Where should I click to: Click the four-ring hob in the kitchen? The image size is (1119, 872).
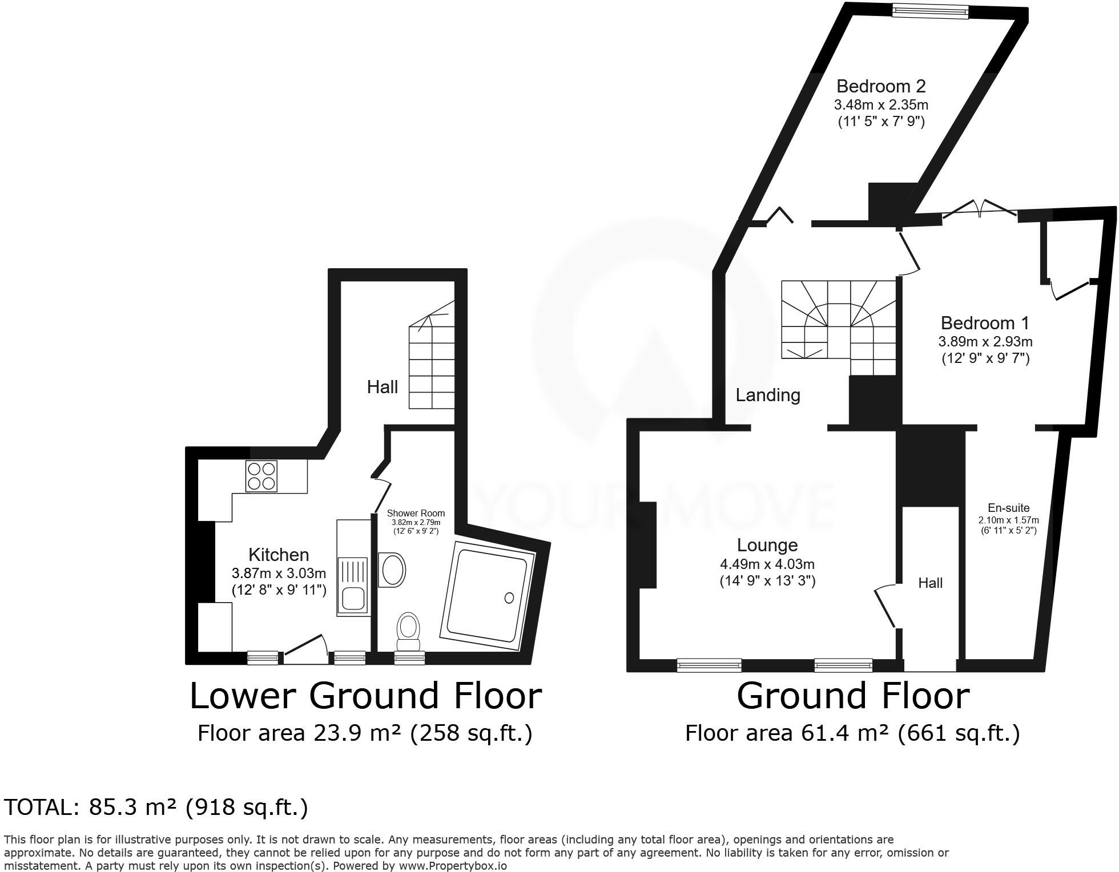pos(261,477)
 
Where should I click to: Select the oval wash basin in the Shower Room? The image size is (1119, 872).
pos(392,568)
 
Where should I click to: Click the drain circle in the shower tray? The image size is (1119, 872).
pos(509,598)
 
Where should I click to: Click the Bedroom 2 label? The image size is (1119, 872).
pos(880,86)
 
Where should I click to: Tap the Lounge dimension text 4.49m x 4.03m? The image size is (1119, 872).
pos(767,564)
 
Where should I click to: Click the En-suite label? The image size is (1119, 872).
pos(1009,508)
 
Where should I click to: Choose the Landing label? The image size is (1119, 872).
pos(767,395)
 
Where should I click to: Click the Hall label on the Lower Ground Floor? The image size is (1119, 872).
pos(382,387)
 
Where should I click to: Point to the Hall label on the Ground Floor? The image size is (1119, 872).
pos(930,583)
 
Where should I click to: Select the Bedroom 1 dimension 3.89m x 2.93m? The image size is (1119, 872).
pos(985,342)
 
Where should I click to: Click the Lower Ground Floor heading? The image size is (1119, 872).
pos(365,696)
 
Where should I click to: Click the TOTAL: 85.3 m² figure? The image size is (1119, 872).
pos(155,807)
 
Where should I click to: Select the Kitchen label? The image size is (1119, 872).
pos(279,555)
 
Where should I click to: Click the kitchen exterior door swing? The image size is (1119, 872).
pos(306,649)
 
